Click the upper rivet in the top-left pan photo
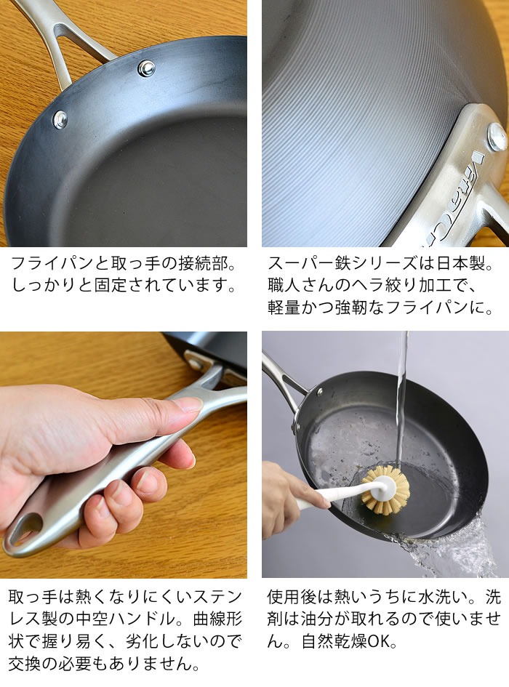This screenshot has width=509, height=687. [146, 68]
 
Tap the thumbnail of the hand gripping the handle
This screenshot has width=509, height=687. [189, 404]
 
